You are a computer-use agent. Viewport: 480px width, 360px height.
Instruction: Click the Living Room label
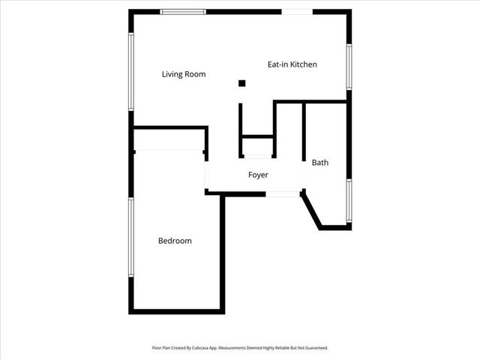coord(184,74)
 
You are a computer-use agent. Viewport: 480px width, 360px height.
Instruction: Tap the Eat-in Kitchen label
coord(292,64)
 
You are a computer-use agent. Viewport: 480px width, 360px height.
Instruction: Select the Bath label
coord(320,162)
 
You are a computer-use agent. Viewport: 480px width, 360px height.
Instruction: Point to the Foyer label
coord(258,175)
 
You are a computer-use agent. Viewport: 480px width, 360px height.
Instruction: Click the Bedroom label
coord(175,241)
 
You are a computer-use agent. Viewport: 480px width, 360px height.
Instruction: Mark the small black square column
coord(241,83)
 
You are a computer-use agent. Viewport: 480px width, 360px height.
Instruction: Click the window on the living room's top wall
coord(183,11)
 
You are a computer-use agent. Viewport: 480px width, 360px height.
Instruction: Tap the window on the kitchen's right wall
coord(349,67)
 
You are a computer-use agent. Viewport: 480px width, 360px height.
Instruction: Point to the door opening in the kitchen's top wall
coord(297,11)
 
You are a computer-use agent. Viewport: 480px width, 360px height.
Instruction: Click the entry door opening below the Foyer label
coord(283,193)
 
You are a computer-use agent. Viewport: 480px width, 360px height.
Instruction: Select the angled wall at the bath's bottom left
coord(311,211)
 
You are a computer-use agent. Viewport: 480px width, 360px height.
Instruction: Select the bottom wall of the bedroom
coord(177,311)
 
